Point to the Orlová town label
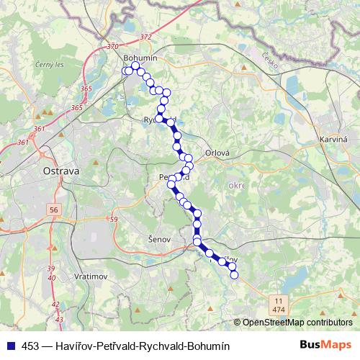(217, 153)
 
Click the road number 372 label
(147, 37)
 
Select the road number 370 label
(112, 46)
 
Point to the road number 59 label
(112, 219)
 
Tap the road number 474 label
(278, 308)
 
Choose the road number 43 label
(59, 319)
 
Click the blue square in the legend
(10, 346)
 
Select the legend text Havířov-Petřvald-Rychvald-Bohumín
(127, 346)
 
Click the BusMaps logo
(325, 345)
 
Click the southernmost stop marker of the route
(233, 274)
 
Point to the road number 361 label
(39, 129)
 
